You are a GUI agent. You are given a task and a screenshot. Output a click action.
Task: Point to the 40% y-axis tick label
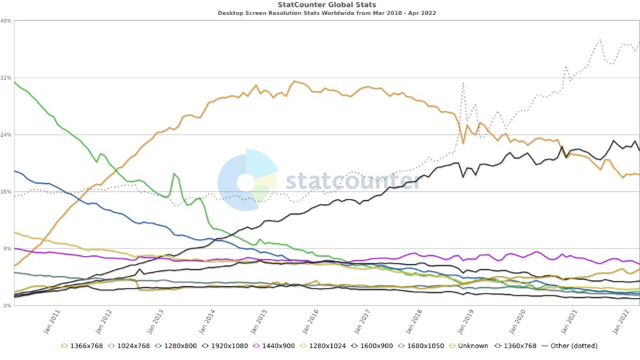tap(6, 21)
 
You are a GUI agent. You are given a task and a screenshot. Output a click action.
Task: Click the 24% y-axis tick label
tap(6, 134)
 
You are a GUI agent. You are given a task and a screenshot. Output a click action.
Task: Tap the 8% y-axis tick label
tap(6, 248)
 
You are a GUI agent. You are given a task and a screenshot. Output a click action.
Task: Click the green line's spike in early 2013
tap(174, 174)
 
